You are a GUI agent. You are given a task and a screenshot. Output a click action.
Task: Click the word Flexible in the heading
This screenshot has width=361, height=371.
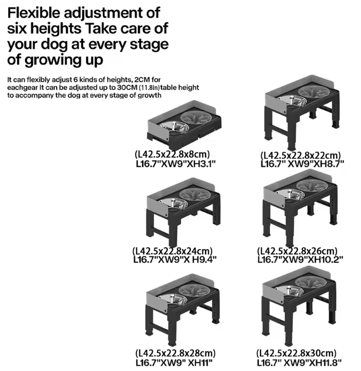click(x=34, y=13)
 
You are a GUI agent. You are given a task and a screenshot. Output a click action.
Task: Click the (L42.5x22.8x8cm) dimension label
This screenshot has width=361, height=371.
click(x=172, y=154)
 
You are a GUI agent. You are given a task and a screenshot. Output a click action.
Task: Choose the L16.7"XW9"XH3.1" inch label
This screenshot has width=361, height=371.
click(x=176, y=164)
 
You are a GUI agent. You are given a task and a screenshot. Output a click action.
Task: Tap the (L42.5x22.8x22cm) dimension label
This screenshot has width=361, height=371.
click(x=301, y=156)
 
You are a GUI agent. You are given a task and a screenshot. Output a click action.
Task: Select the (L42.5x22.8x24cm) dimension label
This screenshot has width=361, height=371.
click(x=172, y=251)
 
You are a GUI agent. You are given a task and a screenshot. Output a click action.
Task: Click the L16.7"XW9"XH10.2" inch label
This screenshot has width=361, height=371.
click(x=300, y=260)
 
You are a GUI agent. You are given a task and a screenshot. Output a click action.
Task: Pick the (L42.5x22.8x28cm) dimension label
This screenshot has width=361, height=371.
click(x=176, y=353)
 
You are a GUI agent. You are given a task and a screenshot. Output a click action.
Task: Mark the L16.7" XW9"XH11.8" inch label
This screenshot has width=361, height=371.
click(x=299, y=362)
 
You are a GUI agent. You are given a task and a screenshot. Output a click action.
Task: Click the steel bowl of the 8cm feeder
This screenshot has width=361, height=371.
click(x=174, y=127)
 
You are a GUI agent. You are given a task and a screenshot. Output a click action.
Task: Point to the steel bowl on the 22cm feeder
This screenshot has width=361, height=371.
click(x=292, y=101)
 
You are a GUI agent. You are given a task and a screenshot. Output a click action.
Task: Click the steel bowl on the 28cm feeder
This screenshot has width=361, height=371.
click(x=173, y=300)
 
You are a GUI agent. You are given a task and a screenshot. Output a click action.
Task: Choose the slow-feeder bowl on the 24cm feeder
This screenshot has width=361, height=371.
click(x=195, y=195)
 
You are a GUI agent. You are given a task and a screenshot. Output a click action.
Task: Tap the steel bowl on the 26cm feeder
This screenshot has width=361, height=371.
click(x=290, y=194)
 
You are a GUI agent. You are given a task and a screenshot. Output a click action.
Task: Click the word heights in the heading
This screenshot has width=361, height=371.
click(x=56, y=29)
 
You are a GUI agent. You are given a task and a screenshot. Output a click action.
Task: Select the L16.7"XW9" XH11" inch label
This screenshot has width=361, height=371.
click(x=174, y=362)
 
